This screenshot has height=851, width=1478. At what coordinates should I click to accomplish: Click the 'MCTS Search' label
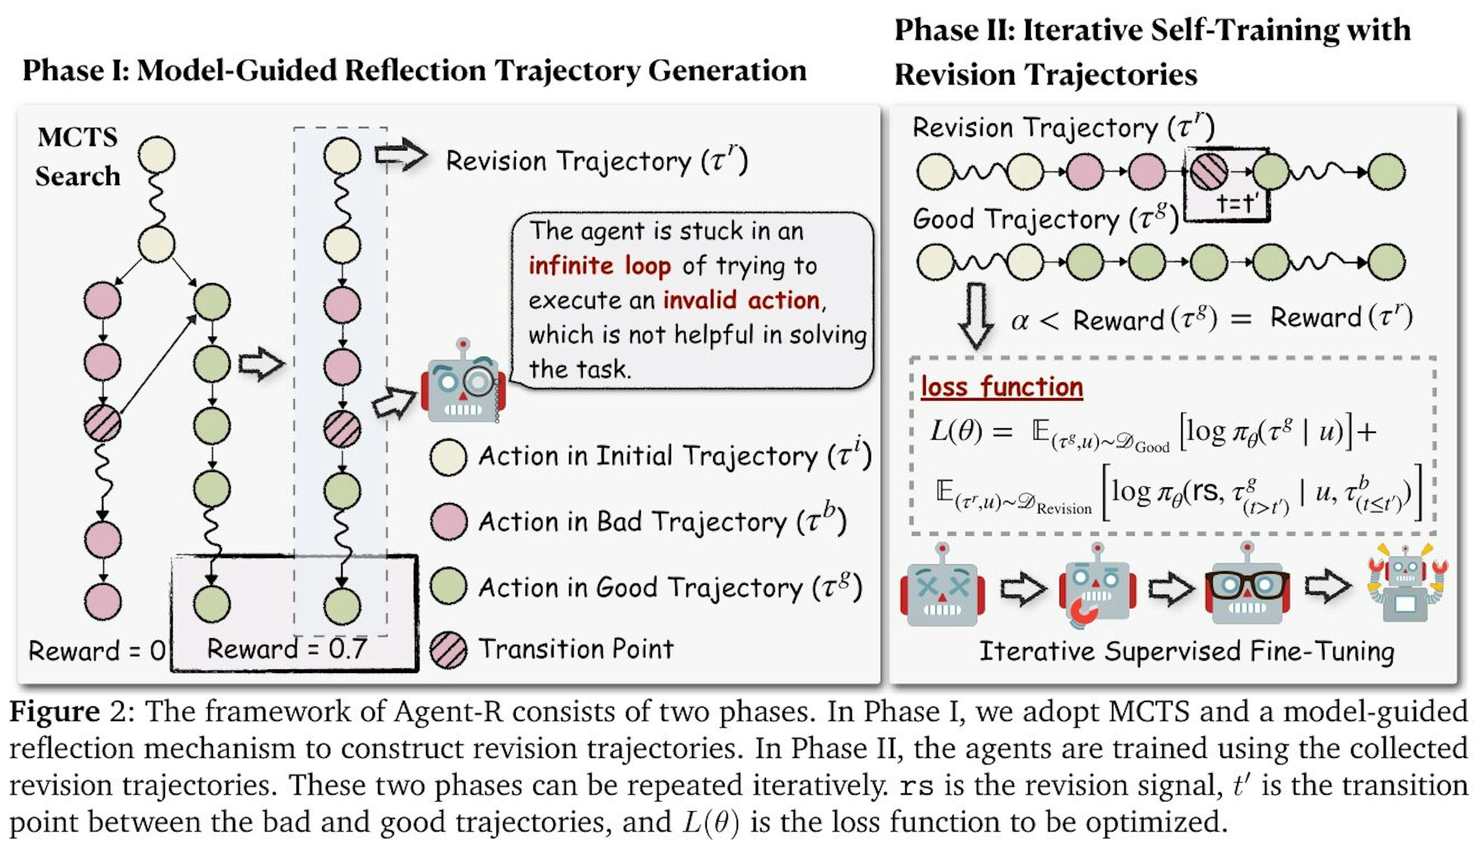pos(77,156)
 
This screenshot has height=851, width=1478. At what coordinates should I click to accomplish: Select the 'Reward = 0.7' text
pos(286,649)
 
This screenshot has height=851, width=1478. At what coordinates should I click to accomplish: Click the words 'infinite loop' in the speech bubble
pos(599,265)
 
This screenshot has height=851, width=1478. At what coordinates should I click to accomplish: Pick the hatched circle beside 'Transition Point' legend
pos(448,650)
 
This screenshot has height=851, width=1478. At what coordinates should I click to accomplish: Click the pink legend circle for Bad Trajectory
pos(448,521)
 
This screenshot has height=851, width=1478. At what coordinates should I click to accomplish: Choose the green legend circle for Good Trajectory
pos(448,586)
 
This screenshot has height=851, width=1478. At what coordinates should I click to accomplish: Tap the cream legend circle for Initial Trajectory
pos(448,457)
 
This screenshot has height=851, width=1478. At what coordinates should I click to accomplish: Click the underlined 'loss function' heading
pos(1001,387)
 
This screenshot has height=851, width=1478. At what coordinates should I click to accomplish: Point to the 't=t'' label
pos(1238,203)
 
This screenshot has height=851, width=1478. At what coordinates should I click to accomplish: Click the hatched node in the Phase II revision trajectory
pos(1209,172)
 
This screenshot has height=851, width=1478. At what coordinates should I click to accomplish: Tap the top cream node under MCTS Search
pos(157,155)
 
